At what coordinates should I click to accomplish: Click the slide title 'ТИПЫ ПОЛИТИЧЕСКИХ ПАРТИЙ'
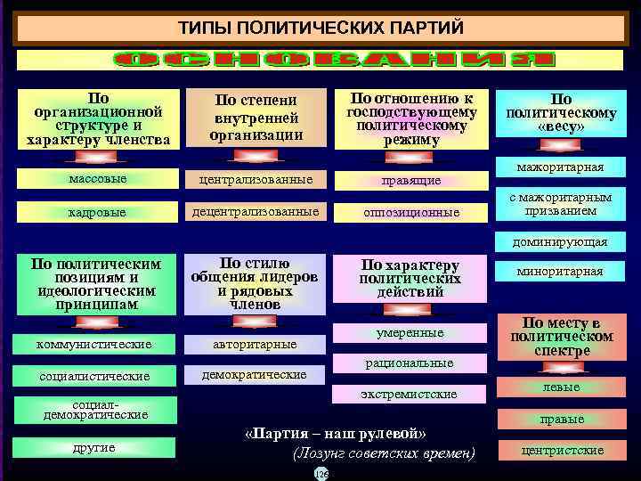[320, 27]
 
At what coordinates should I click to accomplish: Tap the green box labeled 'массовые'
[97, 179]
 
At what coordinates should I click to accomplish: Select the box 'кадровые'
[97, 213]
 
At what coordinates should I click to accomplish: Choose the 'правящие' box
[410, 180]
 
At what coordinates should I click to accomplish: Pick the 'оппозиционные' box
[410, 213]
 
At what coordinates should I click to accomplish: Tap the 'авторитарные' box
[255, 344]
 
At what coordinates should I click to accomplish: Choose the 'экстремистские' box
[410, 394]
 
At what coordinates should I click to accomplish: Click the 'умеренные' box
[410, 333]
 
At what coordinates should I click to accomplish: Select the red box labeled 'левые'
[562, 387]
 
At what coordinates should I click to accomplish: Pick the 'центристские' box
[562, 451]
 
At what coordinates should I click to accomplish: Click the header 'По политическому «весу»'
[561, 112]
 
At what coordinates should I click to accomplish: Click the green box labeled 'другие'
[94, 447]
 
